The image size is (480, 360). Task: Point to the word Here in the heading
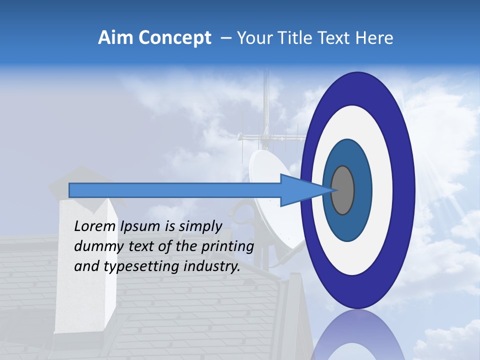tap(374, 38)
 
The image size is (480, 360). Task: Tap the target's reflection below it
tap(357, 337)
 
